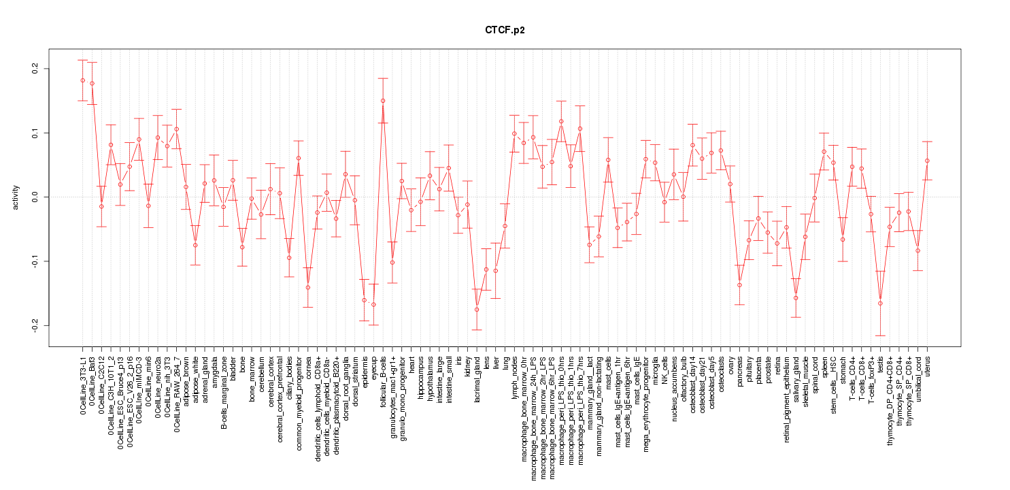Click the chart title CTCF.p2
point(505,31)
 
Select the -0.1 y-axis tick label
point(34,261)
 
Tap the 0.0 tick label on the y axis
point(34,197)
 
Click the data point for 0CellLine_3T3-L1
point(82,80)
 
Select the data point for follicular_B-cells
point(383,101)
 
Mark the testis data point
point(881,304)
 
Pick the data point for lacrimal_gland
point(477,310)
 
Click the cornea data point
point(307,287)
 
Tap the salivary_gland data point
point(796,298)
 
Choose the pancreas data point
point(739,285)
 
